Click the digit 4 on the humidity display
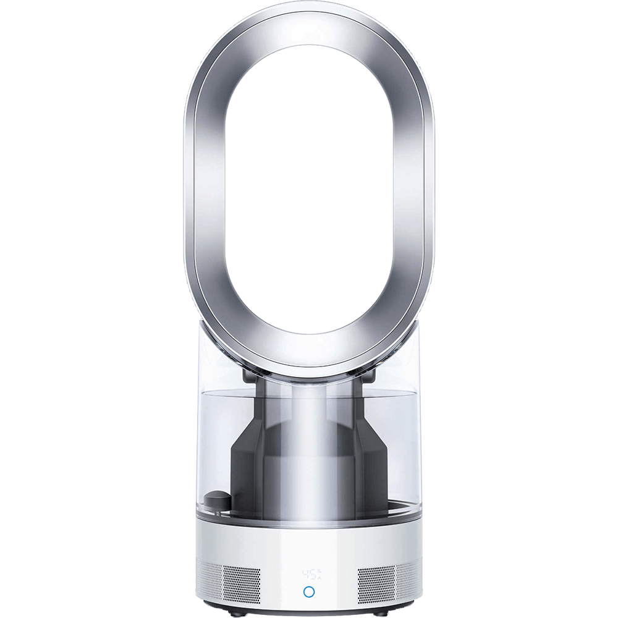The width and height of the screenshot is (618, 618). pyautogui.click(x=305, y=574)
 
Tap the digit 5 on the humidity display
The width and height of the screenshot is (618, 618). pyautogui.click(x=313, y=574)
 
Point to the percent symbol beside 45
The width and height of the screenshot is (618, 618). pyautogui.click(x=320, y=571)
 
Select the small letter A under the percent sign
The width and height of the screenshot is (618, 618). pyautogui.click(x=320, y=578)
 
